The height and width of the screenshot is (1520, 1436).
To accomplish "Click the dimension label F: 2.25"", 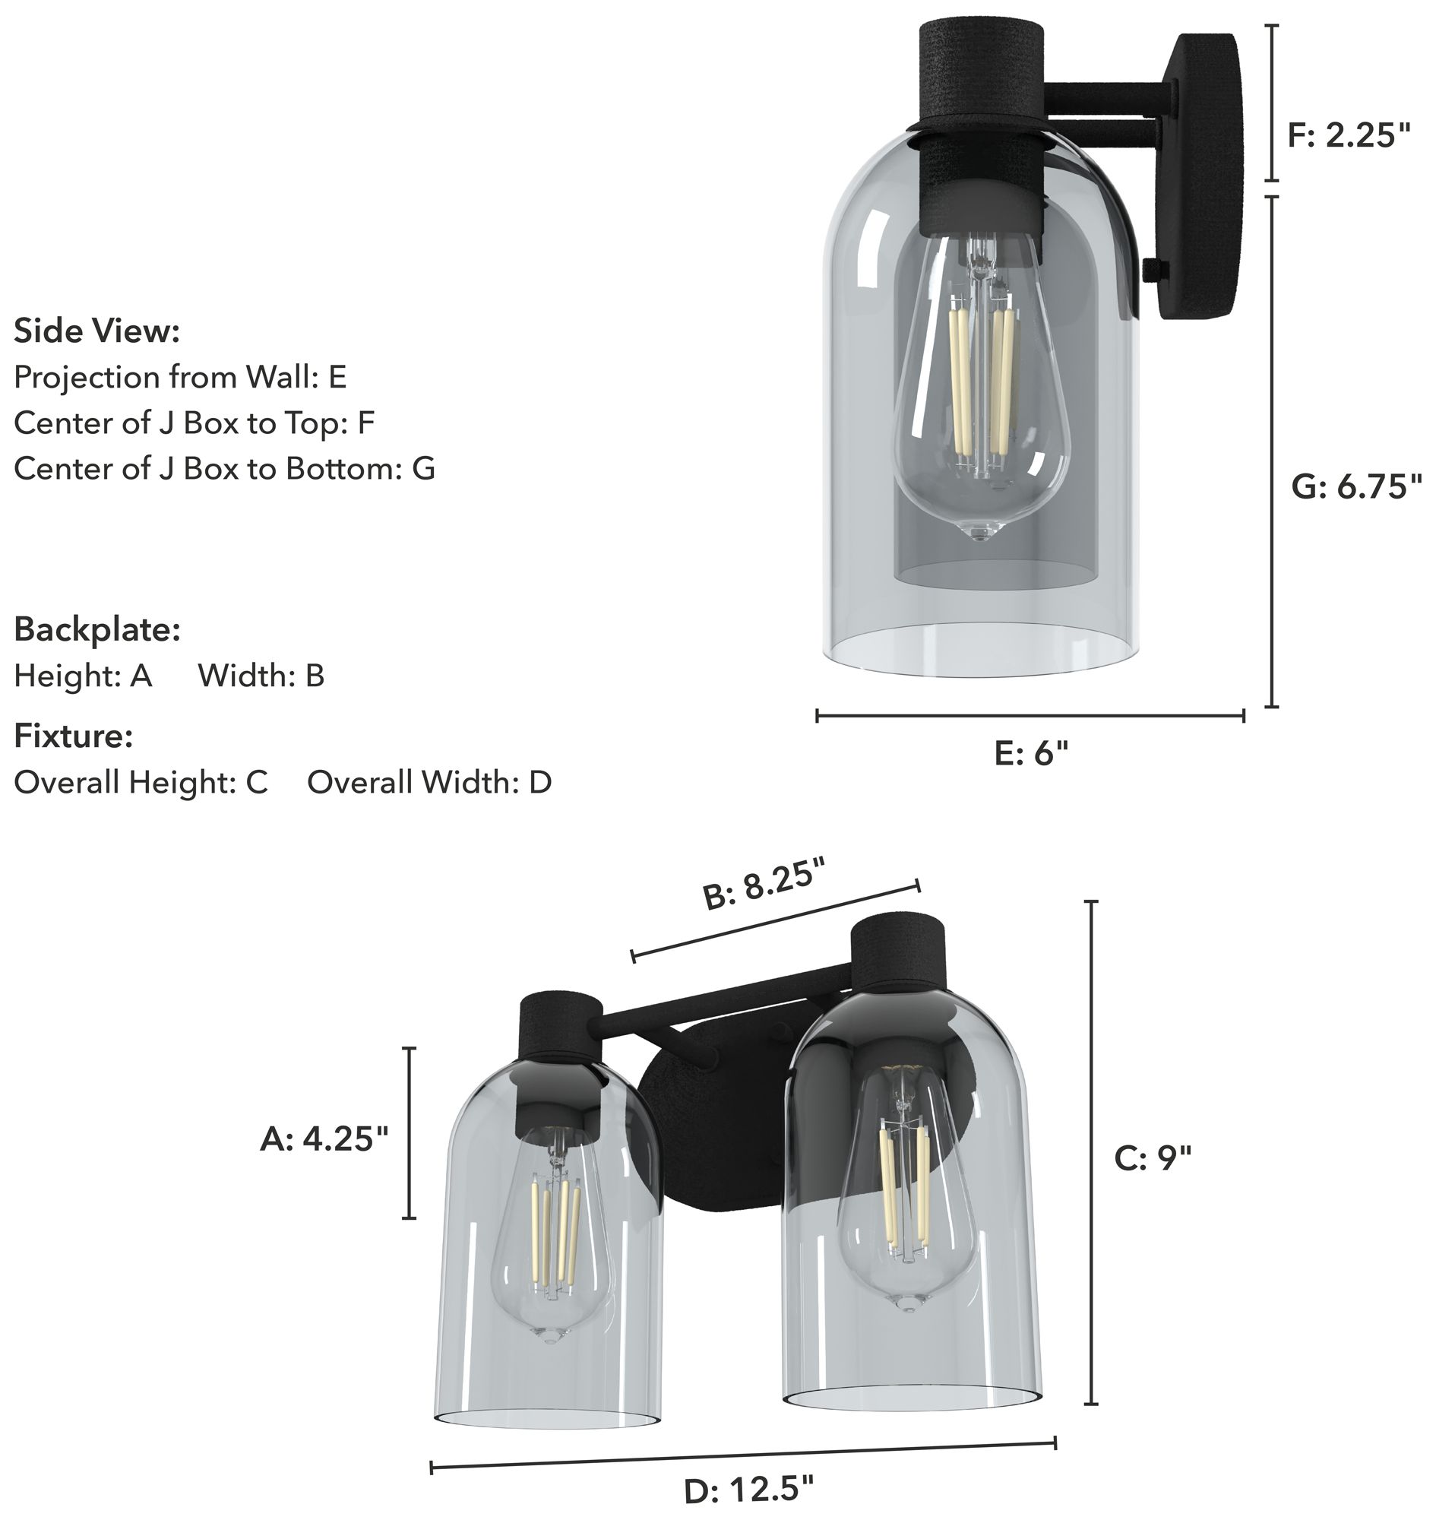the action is coord(1348,135).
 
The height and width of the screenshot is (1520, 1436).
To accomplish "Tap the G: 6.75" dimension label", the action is coord(1356,486).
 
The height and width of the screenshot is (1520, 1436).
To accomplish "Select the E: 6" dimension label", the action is coord(1030,753).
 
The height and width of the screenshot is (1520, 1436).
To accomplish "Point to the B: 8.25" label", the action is coord(765,885).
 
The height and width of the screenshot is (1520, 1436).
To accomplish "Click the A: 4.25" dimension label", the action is coord(324,1138).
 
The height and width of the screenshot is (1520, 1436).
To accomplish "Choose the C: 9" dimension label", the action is coord(1153,1157).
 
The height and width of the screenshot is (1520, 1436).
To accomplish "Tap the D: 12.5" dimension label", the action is coord(748,1490).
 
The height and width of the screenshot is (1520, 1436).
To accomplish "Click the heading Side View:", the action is coord(96,331).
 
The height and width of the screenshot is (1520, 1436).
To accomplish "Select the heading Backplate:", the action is coord(97,629).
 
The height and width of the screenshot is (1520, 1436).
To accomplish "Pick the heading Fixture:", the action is coord(74,736).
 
